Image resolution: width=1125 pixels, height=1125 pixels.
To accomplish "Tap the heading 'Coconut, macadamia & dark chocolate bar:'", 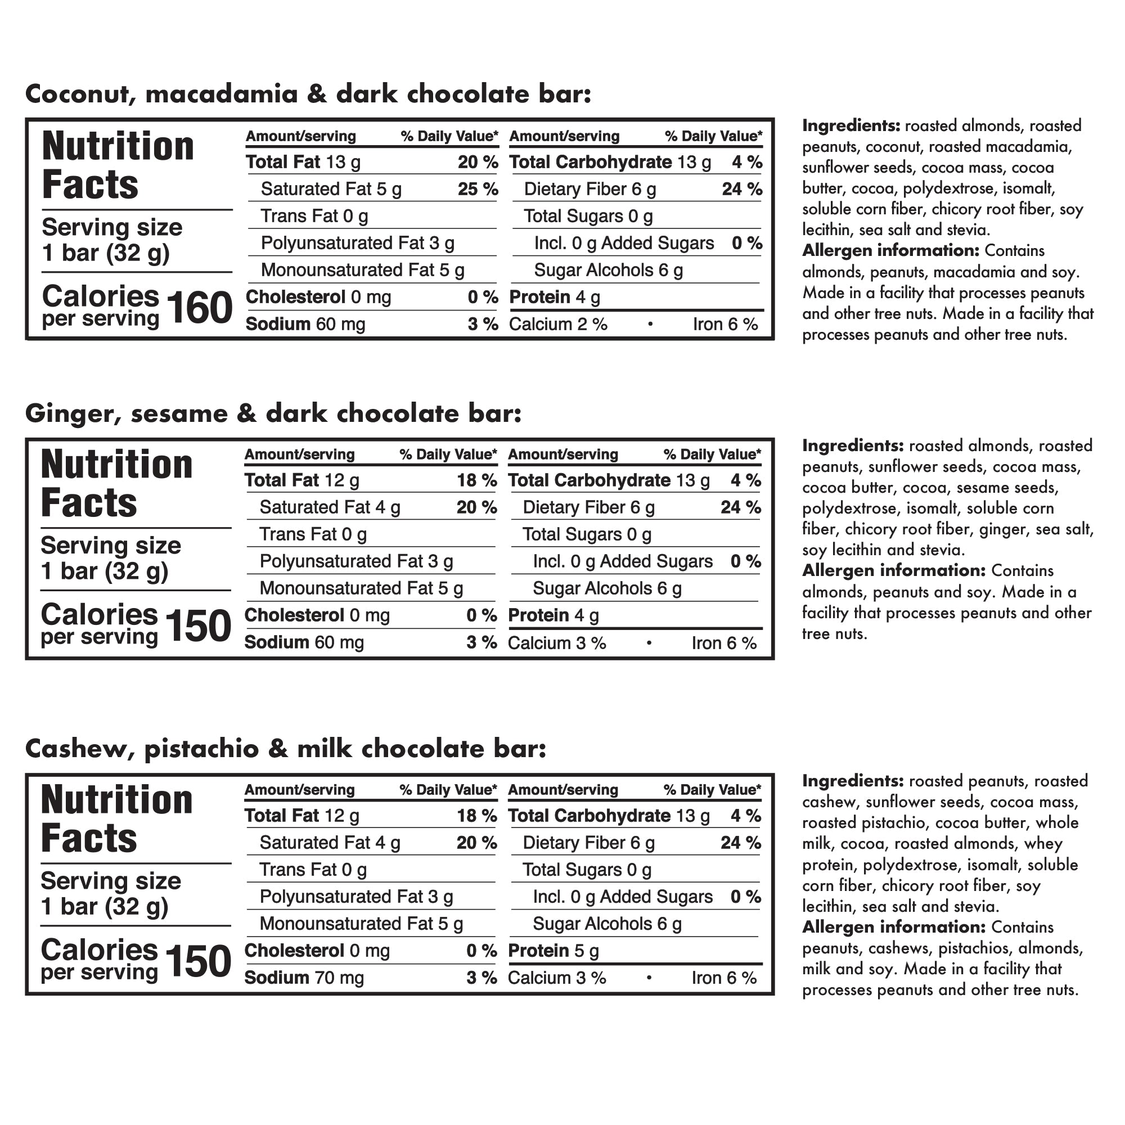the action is point(308,94).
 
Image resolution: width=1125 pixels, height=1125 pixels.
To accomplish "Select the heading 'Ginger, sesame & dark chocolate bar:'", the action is point(273,413).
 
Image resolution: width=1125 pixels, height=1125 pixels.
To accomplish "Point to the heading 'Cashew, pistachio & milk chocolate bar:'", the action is point(286,749).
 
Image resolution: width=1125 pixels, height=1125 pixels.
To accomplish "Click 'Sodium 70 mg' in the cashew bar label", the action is point(304,978).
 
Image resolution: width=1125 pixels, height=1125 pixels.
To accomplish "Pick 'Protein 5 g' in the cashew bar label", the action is point(553,951).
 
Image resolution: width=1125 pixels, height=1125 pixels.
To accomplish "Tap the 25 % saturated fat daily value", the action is point(478,189).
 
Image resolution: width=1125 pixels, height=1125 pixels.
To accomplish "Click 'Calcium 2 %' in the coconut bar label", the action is point(558,325).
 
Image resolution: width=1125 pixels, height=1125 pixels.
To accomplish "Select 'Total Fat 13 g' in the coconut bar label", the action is point(303,163).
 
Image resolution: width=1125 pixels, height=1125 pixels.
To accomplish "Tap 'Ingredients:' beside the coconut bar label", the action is point(851,126).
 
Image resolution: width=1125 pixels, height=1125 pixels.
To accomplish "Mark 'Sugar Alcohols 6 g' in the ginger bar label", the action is point(607,589).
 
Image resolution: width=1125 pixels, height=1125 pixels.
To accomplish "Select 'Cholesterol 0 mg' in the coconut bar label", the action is point(318,297).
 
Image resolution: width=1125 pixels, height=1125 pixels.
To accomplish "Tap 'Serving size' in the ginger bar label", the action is point(111,546).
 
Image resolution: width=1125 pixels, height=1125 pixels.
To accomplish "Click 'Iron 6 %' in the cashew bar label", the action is point(724,978).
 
